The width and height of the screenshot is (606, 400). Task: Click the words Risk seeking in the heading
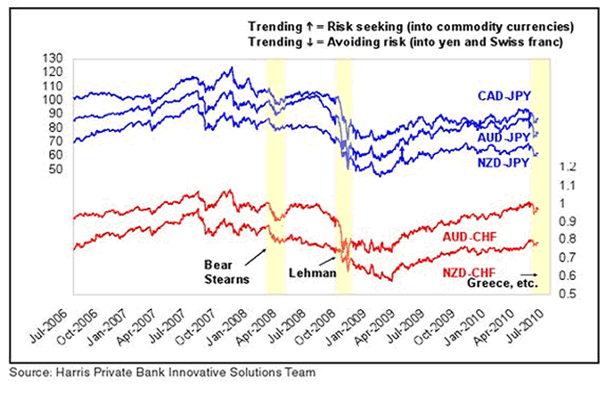(348, 27)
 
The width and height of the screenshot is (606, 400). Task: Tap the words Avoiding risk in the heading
(352, 43)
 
